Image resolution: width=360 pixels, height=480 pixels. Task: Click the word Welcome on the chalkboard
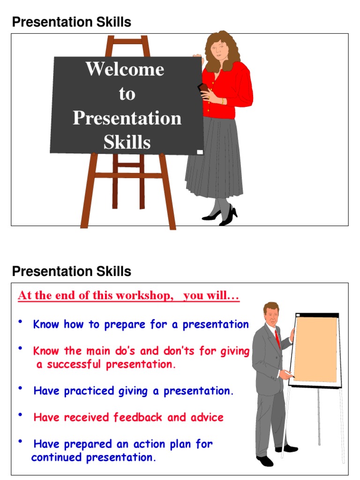[125, 69]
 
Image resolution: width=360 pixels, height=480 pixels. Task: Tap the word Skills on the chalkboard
[127, 142]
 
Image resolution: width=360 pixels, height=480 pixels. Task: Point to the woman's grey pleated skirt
[215, 159]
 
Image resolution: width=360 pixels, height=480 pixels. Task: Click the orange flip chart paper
[315, 349]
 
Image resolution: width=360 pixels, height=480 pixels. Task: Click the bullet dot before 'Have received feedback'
[21, 415]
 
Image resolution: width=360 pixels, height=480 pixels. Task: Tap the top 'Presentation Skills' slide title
[71, 22]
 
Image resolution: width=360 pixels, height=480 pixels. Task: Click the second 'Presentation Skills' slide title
[71, 271]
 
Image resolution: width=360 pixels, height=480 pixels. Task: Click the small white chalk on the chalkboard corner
[200, 151]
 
